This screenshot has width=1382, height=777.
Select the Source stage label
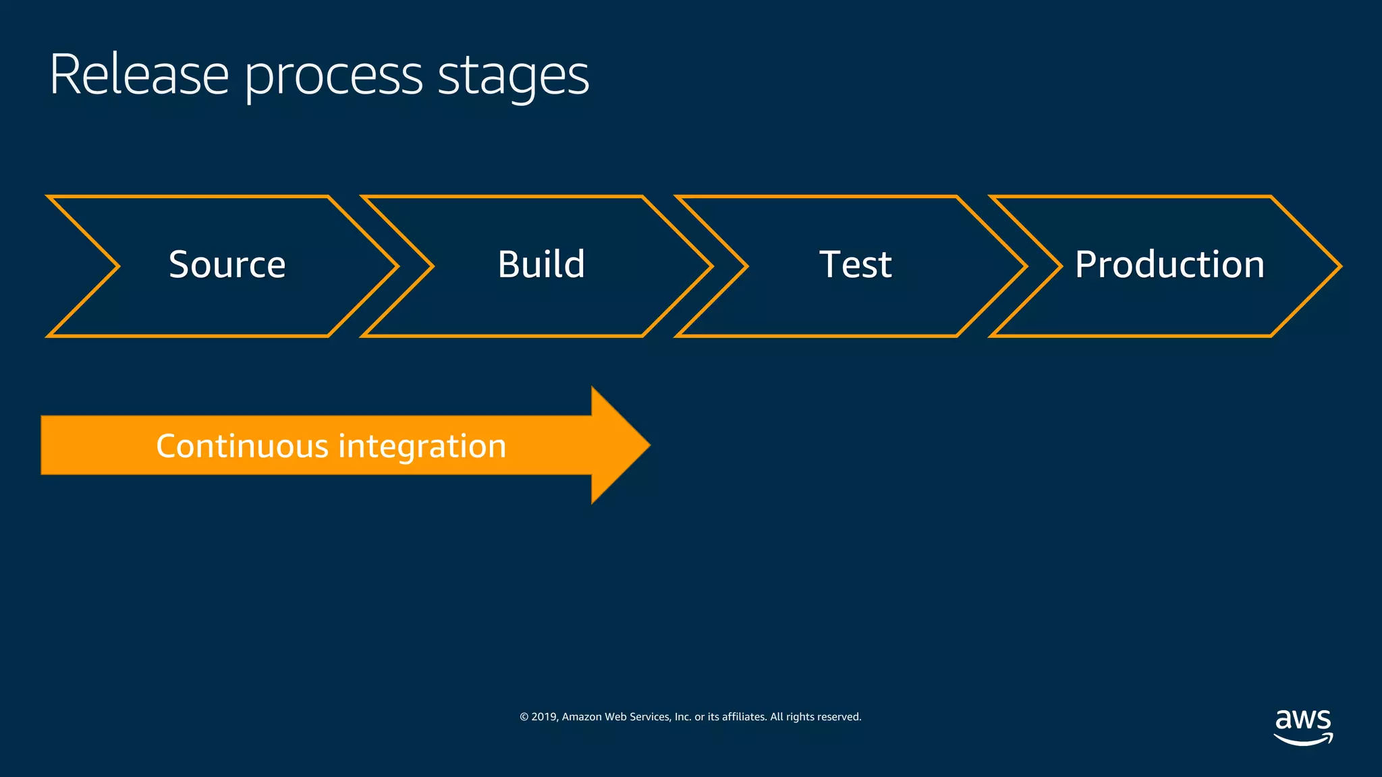(x=227, y=264)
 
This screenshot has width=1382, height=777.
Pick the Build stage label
(x=541, y=264)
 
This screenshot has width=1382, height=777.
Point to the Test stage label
(x=855, y=264)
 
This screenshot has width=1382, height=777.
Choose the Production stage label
(x=1169, y=264)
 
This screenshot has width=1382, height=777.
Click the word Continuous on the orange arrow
(x=242, y=446)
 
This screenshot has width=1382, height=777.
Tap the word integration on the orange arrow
(x=422, y=446)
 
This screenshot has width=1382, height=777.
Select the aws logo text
(x=1302, y=720)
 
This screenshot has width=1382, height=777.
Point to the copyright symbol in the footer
(x=524, y=717)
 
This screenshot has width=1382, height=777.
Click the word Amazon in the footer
(x=582, y=717)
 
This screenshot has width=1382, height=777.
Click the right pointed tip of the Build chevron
(x=711, y=266)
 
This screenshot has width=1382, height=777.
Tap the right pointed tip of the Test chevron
(x=1025, y=266)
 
